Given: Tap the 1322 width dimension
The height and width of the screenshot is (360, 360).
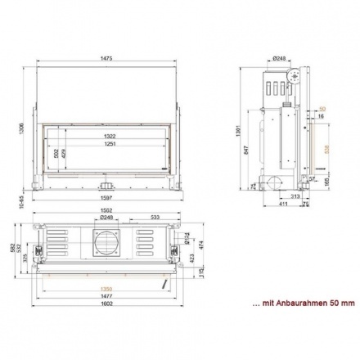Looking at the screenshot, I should pos(109,136).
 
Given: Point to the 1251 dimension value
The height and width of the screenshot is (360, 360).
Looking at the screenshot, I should pos(109,145).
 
